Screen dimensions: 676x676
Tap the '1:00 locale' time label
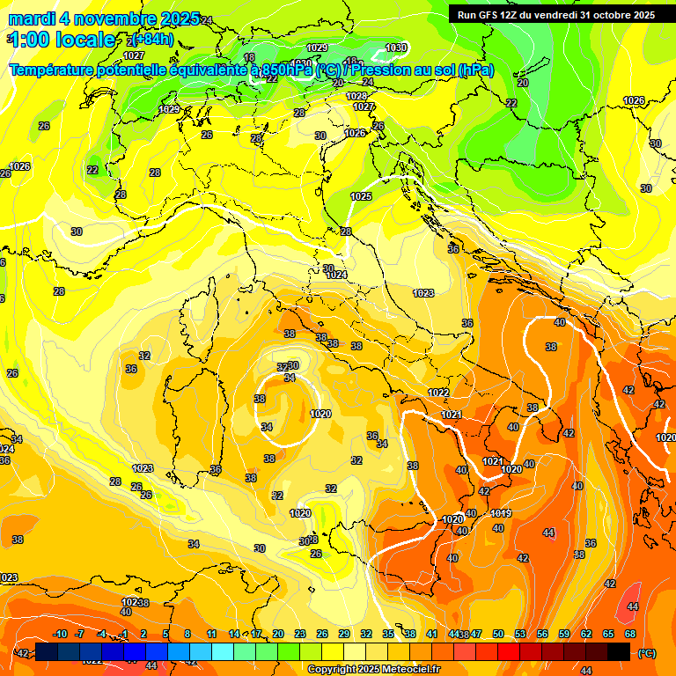(x=62, y=40)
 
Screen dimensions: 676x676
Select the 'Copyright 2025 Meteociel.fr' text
(x=374, y=670)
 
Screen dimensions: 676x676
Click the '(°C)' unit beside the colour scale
(x=646, y=652)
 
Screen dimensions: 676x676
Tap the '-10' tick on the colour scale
(x=60, y=634)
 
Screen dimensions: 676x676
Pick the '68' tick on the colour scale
(x=630, y=634)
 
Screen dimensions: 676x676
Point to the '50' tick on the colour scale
(x=498, y=634)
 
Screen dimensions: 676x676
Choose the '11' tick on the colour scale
(x=211, y=634)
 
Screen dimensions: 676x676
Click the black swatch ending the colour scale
(x=619, y=651)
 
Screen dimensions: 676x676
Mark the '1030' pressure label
(x=396, y=48)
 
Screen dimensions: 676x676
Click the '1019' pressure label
(x=501, y=513)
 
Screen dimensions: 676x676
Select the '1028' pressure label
(x=356, y=96)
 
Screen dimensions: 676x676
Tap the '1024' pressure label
(x=336, y=275)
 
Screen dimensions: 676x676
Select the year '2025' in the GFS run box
(x=638, y=14)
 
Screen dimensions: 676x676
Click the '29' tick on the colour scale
(x=344, y=634)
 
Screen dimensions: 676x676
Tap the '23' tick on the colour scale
(x=300, y=634)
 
